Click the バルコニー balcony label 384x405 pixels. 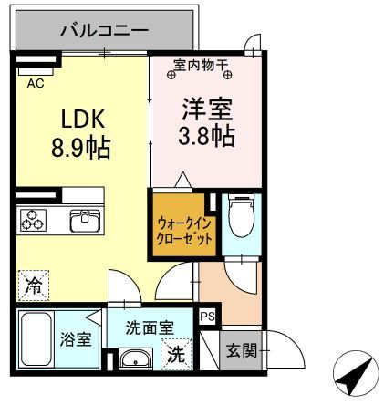(x=104, y=30)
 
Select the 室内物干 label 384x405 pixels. (x=203, y=67)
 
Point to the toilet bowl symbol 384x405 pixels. (x=240, y=216)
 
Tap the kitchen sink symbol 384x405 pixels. (x=84, y=221)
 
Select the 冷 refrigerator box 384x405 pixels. (x=31, y=284)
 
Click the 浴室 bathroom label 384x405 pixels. (x=77, y=340)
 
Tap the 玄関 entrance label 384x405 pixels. (x=243, y=350)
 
